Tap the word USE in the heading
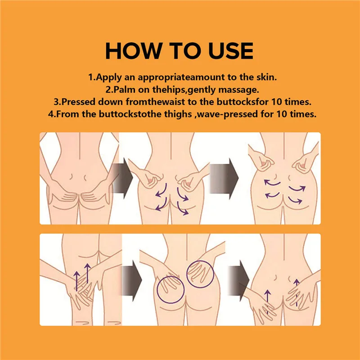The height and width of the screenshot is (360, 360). (x=231, y=51)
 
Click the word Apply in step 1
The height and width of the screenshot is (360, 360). (x=108, y=77)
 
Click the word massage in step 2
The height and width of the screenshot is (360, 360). (x=238, y=90)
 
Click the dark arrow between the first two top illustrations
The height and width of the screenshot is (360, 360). (x=122, y=178)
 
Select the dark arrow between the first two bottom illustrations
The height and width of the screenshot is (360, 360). (x=132, y=281)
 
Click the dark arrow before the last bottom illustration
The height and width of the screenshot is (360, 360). (x=239, y=281)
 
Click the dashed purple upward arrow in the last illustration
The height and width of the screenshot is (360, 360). (x=297, y=293)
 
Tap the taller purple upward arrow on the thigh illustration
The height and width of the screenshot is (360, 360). (x=87, y=274)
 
